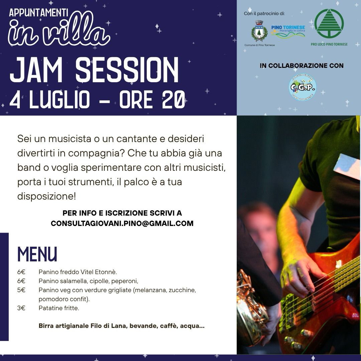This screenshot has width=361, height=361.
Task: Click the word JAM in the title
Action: (x=36, y=70)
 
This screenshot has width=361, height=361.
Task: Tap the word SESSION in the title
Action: (x=127, y=70)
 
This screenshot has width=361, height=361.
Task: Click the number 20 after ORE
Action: (x=173, y=100)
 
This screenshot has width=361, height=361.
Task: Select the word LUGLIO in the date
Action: (x=59, y=100)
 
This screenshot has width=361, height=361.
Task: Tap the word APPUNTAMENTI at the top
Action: (x=39, y=13)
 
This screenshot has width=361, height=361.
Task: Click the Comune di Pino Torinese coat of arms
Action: (x=259, y=31)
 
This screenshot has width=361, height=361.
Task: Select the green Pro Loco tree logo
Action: (x=329, y=23)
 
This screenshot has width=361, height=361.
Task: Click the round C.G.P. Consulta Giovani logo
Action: (x=303, y=87)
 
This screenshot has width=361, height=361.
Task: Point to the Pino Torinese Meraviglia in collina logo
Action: (x=288, y=32)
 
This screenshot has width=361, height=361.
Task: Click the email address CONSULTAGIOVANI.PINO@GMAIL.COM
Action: (x=122, y=223)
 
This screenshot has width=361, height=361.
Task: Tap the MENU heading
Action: (x=37, y=254)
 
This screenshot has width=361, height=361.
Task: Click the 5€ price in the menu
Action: (x=21, y=290)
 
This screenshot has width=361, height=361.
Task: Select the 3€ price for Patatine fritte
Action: (x=21, y=308)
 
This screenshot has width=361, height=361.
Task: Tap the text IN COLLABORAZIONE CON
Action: (x=302, y=66)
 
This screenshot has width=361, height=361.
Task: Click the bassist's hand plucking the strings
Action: (x=299, y=276)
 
